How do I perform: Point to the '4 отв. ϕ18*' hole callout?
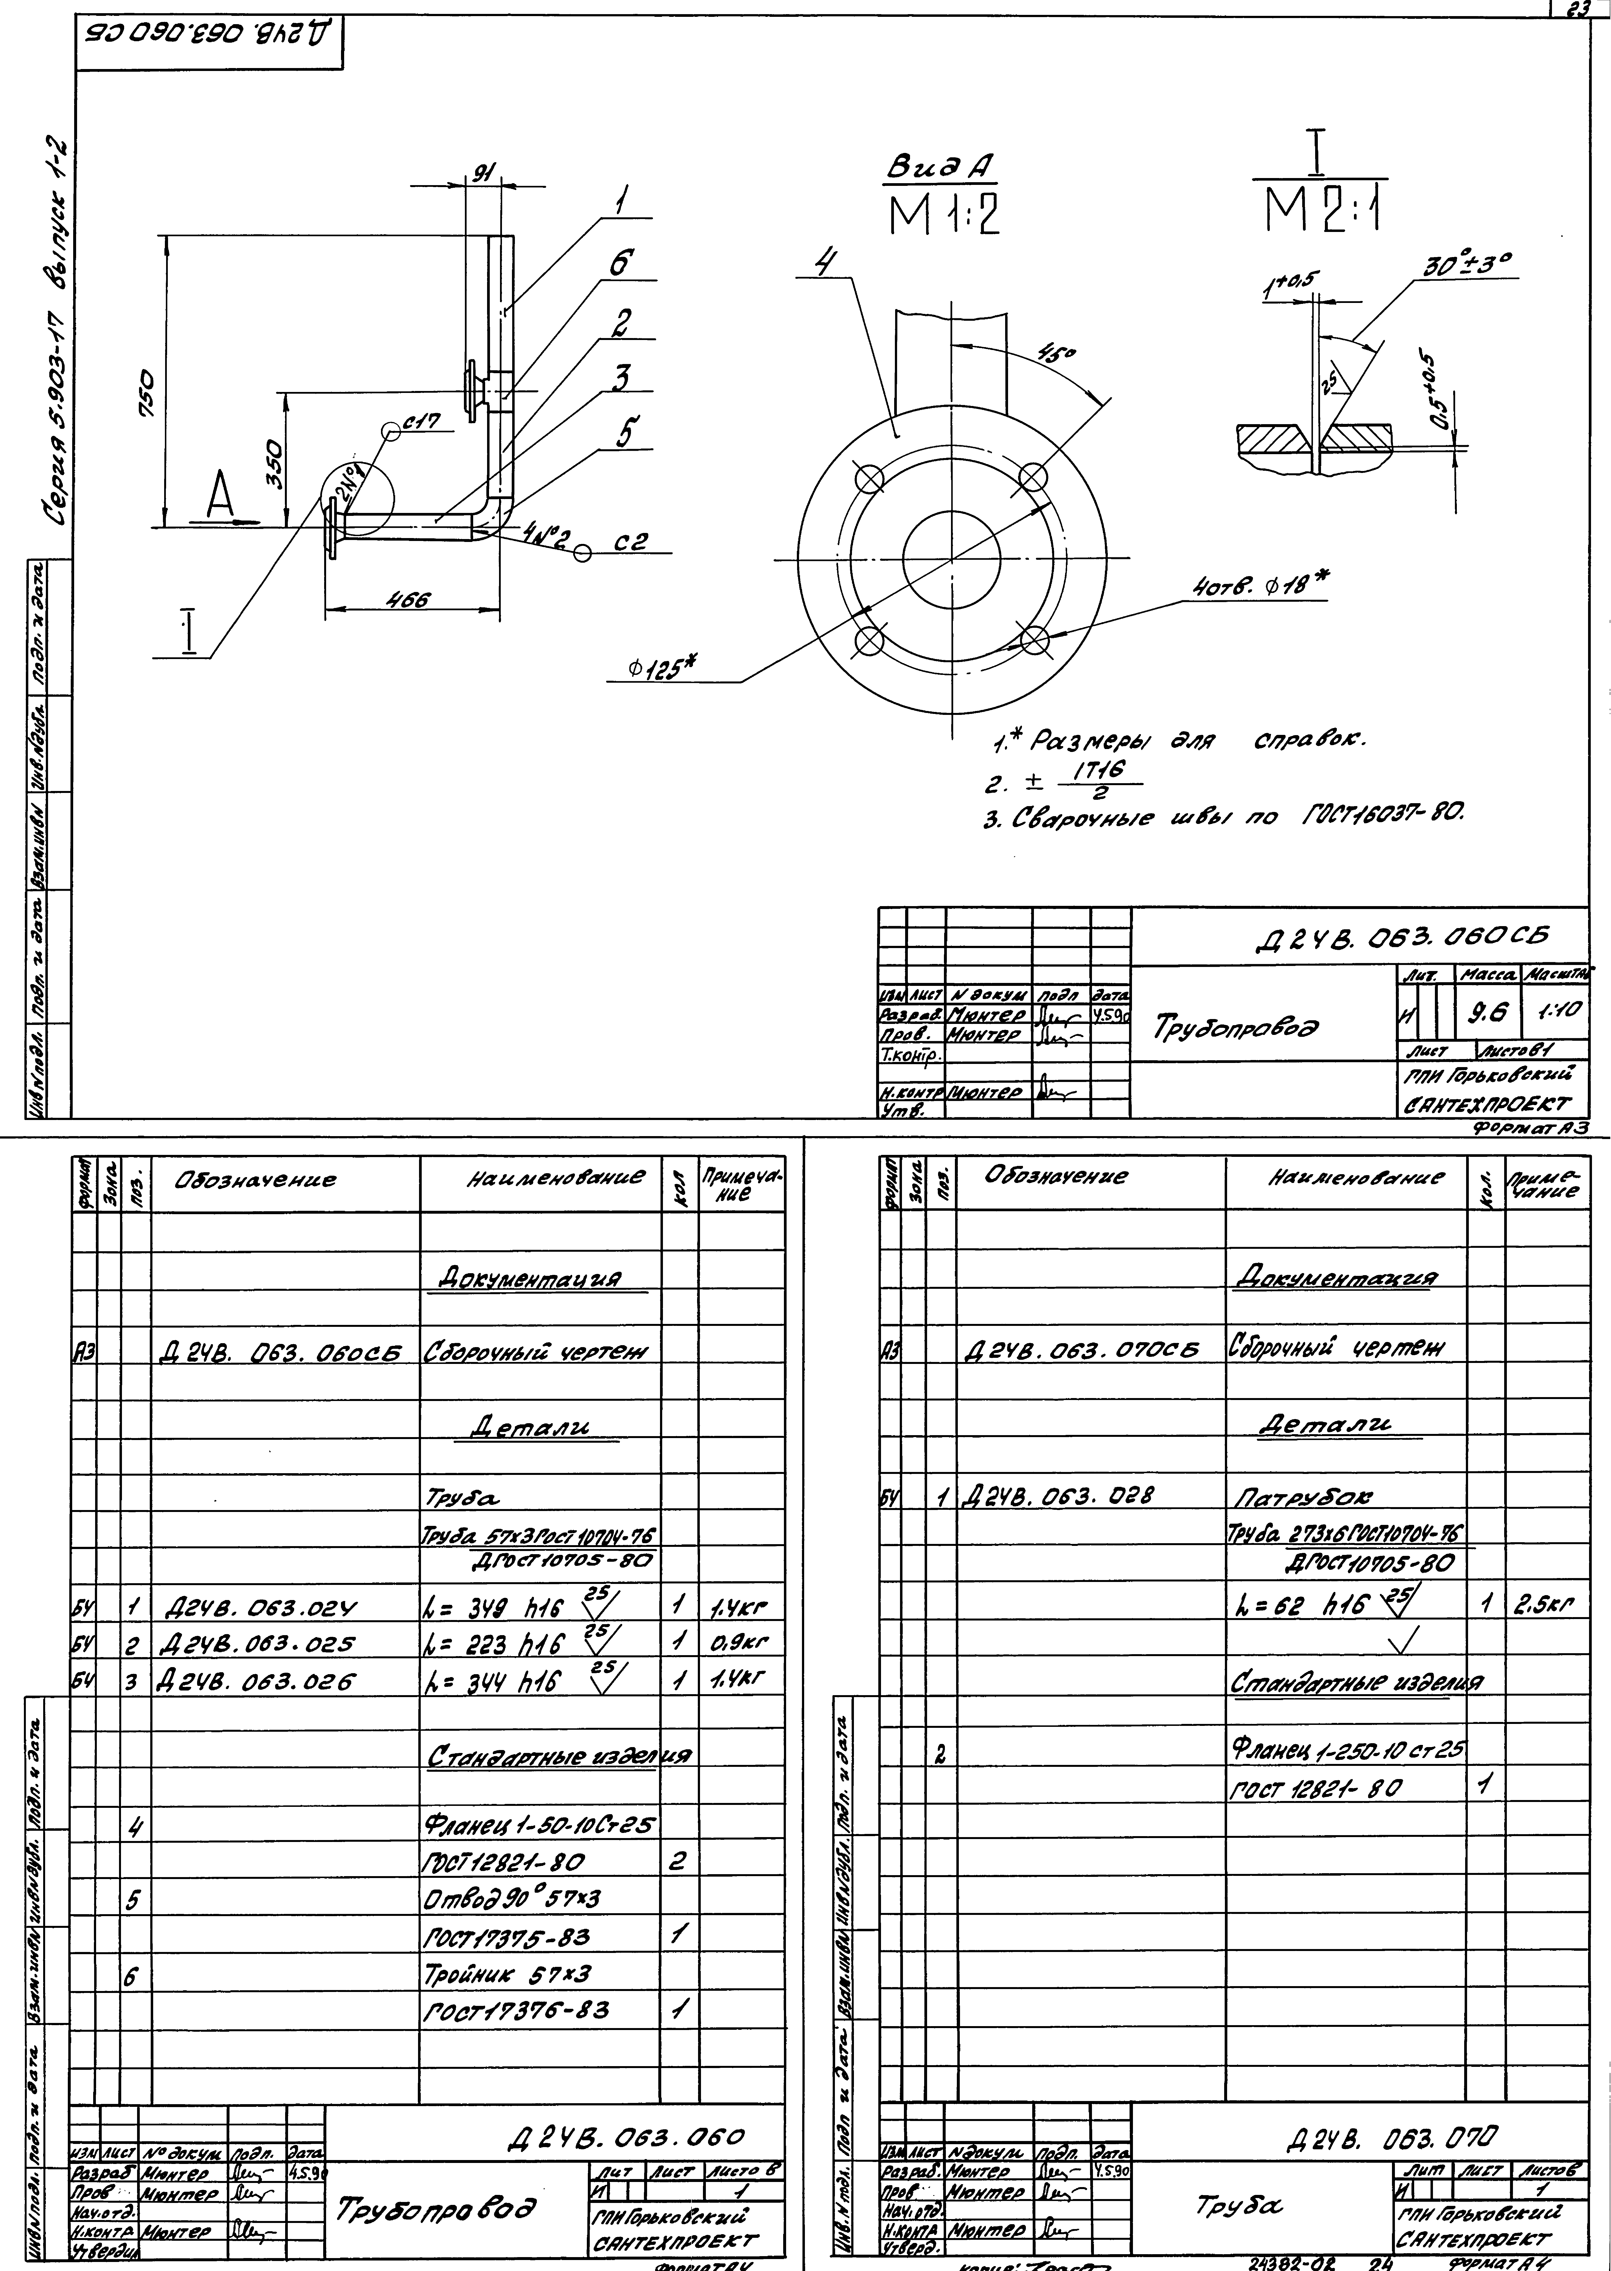coord(1260,588)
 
